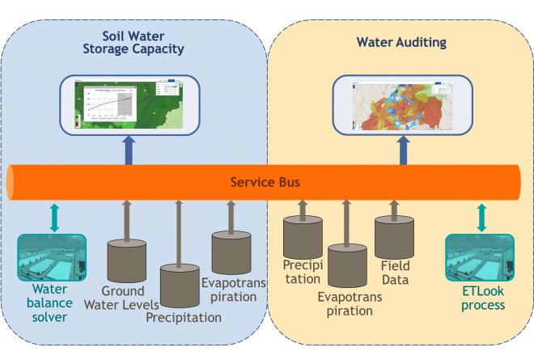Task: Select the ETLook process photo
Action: point(481,256)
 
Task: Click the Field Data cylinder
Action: point(394,237)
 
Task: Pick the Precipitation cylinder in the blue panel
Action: point(180,286)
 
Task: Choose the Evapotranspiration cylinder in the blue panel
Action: point(231,252)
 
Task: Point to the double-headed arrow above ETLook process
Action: point(481,217)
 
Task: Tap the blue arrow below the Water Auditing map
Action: point(402,150)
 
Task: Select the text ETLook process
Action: point(481,299)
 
